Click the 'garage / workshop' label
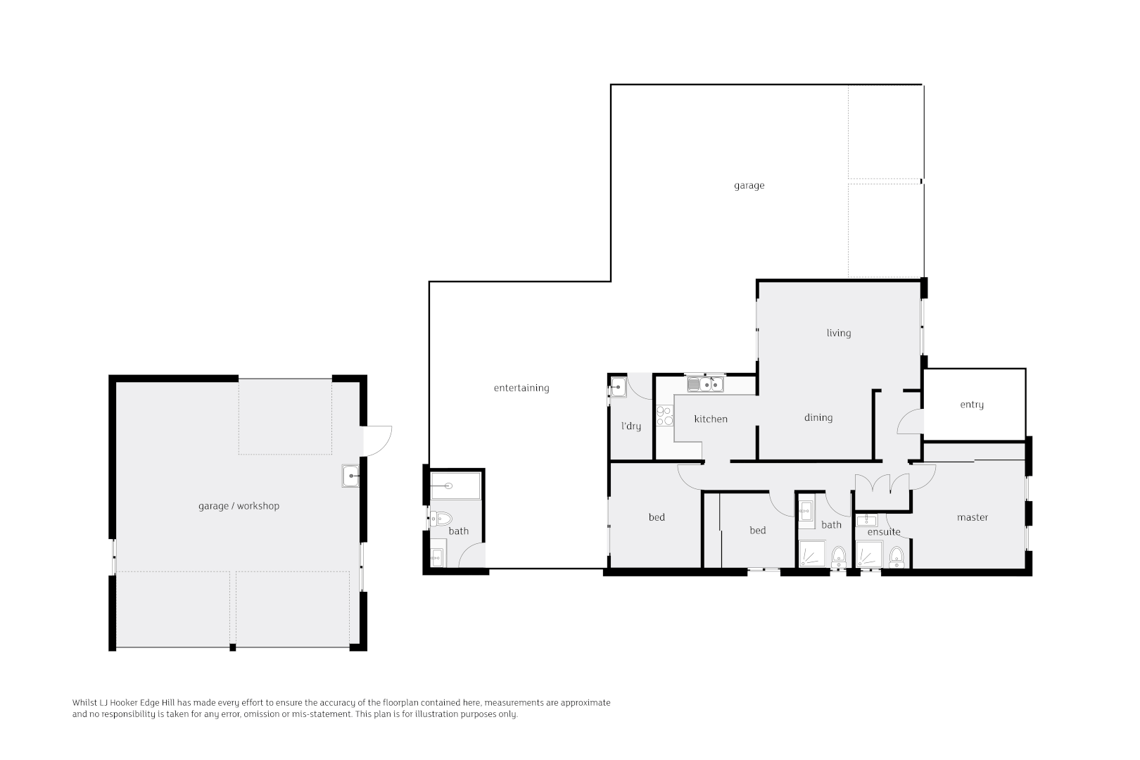(239, 506)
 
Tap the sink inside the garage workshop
(350, 476)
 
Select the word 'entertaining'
(521, 388)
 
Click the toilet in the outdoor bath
(441, 519)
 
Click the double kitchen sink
(706, 384)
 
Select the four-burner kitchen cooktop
(664, 416)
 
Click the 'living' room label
(838, 333)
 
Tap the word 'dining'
(818, 417)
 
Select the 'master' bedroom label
(973, 517)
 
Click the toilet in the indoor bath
(839, 557)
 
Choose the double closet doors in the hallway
(882, 484)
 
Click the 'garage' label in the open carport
(749, 186)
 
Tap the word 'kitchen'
(711, 419)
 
